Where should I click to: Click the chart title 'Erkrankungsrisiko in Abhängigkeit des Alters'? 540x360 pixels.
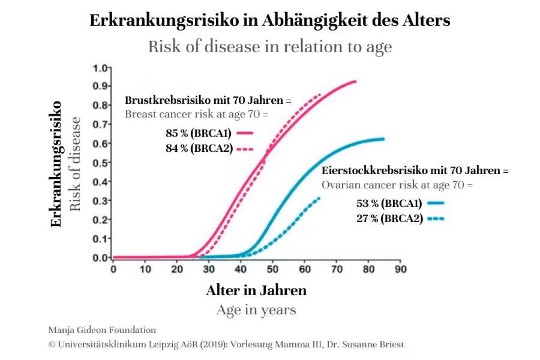coord(270,21)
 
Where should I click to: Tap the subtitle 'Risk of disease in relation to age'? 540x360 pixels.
coord(270,47)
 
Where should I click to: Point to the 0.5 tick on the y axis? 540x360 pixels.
coord(101,163)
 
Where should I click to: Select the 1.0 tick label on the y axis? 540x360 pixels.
coord(101,68)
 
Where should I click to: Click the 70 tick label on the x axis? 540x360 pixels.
coord(337,269)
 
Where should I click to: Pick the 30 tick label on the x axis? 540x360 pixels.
coord(209,269)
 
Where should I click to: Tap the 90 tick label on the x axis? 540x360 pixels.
coord(400,269)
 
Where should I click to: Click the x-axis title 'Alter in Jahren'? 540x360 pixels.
coord(256,291)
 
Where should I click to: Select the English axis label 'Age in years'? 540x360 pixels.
coord(256,310)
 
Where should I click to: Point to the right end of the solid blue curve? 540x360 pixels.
coord(383,139)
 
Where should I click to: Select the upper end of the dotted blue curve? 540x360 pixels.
coord(319,198)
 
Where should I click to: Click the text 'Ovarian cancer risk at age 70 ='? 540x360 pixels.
coord(397,184)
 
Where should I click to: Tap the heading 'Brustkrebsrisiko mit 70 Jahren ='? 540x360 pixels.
coord(208,101)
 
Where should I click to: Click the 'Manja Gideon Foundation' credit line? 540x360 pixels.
coord(102,330)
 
